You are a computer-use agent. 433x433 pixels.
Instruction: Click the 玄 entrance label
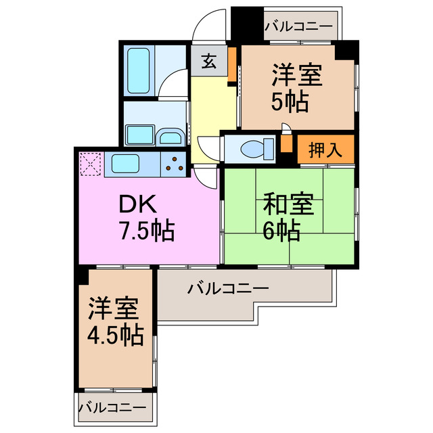[209, 63]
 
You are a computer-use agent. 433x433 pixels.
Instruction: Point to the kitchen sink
[125, 164]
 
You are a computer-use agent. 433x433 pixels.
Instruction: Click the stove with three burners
[175, 164]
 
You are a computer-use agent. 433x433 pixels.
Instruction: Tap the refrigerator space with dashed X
[90, 164]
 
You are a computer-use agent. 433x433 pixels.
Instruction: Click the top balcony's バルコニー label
[298, 28]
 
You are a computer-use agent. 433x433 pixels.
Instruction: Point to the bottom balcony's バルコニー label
[112, 408]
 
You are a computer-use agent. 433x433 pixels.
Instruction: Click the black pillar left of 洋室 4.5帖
[81, 275]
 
